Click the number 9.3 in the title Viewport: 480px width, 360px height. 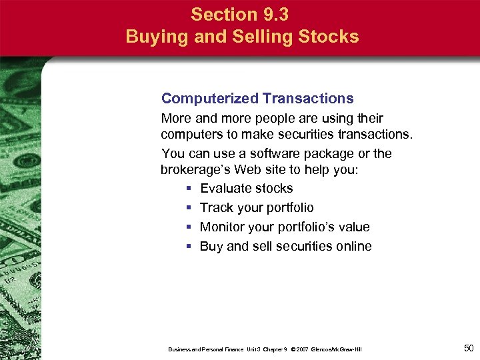[x=275, y=14]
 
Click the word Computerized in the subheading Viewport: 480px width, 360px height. [x=209, y=99]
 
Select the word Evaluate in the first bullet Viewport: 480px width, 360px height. [x=227, y=189]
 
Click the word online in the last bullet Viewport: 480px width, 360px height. [x=352, y=246]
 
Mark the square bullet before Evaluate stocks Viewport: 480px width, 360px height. [x=189, y=189]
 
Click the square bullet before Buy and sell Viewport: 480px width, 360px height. [x=189, y=247]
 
